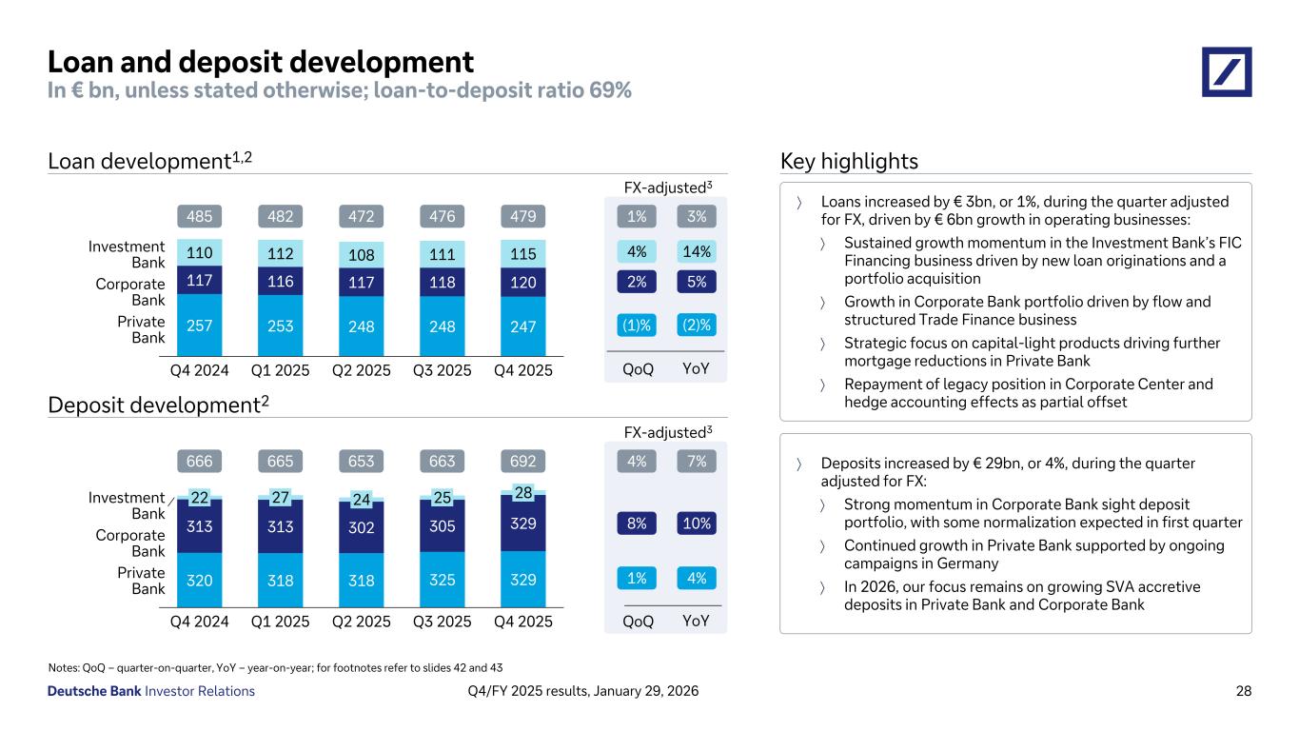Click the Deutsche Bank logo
coord(1227,71)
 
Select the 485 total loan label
coord(200,216)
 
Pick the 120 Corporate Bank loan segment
coord(523,283)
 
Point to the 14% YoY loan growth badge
coord(697,252)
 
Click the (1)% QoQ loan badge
coord(637,325)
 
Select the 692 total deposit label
coord(523,462)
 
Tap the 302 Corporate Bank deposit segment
coord(362,524)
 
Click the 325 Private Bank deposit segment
coord(443,578)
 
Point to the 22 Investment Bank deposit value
coord(200,497)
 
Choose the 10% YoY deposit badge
coord(697,523)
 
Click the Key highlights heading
coord(849,162)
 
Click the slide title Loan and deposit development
coord(261,62)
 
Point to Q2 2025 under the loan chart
coord(362,370)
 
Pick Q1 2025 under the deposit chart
coord(281,622)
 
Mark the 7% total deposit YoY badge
coord(697,462)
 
